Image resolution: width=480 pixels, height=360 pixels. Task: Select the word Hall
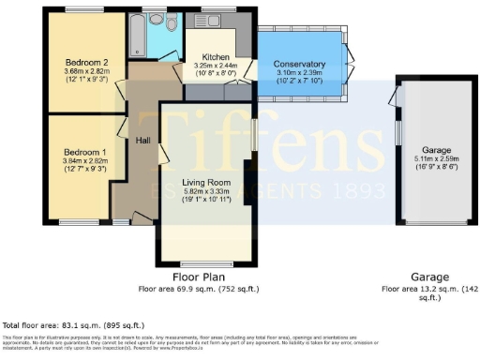click(x=142, y=141)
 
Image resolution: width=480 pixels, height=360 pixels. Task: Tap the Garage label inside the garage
click(x=436, y=150)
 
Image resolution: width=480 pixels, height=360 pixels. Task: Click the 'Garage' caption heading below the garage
click(x=428, y=277)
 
